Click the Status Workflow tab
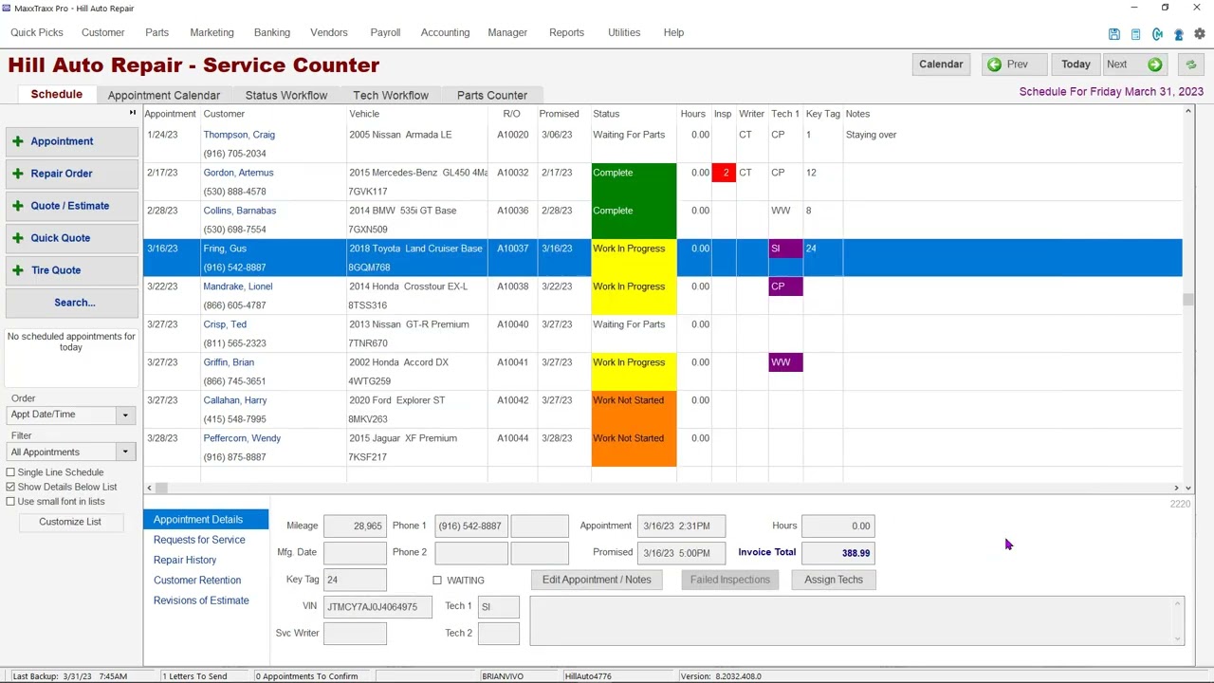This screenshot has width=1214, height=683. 285,95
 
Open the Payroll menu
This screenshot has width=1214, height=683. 385,32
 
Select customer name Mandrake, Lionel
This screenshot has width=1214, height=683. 237,286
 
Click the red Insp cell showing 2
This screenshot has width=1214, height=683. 725,173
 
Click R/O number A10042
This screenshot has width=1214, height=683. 512,400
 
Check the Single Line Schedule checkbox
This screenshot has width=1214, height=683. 11,472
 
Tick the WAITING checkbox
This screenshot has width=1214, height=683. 437,580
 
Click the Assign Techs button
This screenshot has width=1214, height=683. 833,580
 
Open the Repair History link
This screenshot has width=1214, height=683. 185,560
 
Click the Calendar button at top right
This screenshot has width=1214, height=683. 940,65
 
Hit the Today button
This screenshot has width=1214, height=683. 1075,65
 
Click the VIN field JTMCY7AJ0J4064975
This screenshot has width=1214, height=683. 377,606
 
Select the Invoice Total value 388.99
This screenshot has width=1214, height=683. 837,553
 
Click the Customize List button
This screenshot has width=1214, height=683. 70,522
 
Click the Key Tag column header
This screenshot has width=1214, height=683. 822,114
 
